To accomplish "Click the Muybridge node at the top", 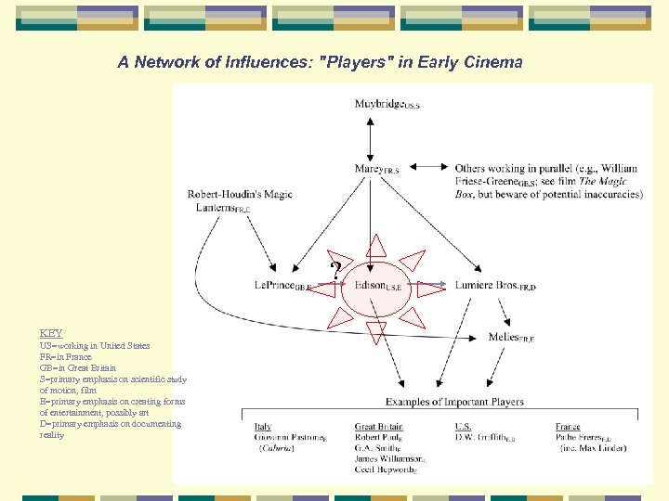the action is (386, 104).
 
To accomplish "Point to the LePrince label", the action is (282, 286).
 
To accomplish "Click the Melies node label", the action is (510, 337).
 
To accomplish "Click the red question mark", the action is (335, 271).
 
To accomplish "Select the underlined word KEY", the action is (51, 333).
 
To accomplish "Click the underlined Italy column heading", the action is (263, 427).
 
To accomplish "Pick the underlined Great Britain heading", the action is (378, 427).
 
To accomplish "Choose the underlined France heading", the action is (568, 427).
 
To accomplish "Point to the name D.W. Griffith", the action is (483, 437).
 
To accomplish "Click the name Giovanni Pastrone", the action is (289, 437).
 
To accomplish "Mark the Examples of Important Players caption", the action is (454, 402).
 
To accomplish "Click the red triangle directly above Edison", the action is (375, 246).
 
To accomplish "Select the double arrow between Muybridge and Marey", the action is (370, 135).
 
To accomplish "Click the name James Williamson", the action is (388, 458).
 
